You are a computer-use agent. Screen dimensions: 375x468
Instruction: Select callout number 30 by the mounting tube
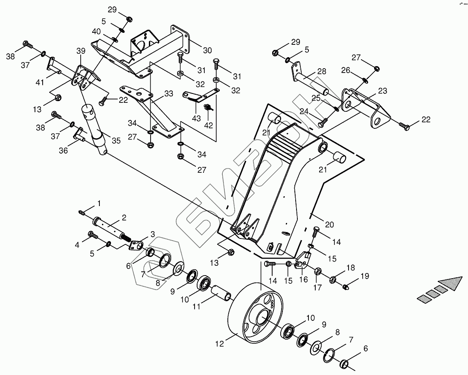207,50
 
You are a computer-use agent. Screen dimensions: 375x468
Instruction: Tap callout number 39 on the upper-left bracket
81,51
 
